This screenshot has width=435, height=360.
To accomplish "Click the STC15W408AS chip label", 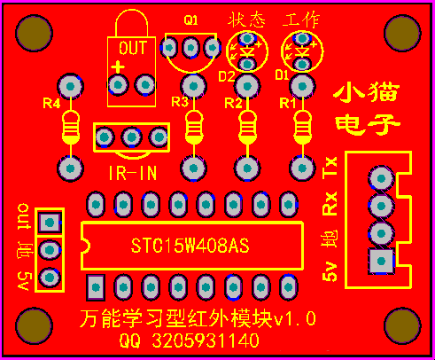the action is (x=190, y=246).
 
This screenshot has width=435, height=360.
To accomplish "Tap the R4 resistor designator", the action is (x=51, y=103).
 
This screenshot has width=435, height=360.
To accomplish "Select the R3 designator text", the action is (x=180, y=102).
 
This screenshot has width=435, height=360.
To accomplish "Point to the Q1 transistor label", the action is (x=190, y=20).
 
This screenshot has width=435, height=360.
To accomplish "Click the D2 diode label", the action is (x=227, y=76).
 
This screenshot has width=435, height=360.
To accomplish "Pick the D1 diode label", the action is (x=282, y=74).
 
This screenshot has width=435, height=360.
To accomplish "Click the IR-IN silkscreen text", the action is (x=133, y=173).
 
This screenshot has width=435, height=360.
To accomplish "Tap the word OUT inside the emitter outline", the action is (x=133, y=48).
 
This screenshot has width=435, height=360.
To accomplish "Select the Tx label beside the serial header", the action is (x=330, y=168).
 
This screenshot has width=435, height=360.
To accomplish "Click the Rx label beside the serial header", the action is (x=330, y=203).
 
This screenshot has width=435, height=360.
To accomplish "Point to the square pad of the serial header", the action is (x=381, y=261).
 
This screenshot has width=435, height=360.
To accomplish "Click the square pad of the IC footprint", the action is (x=96, y=287).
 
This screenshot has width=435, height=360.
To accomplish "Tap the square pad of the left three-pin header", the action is (x=50, y=222).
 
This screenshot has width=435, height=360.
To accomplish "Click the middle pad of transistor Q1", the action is (x=190, y=47).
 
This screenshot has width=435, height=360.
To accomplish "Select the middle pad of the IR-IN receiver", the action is (x=132, y=137).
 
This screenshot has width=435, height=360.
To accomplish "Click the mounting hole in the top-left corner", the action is (x=34, y=33).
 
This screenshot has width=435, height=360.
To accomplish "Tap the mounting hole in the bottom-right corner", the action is (x=402, y=326).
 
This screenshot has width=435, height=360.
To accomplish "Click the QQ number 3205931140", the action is (x=206, y=340).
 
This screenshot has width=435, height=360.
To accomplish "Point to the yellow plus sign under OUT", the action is (x=118, y=67).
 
